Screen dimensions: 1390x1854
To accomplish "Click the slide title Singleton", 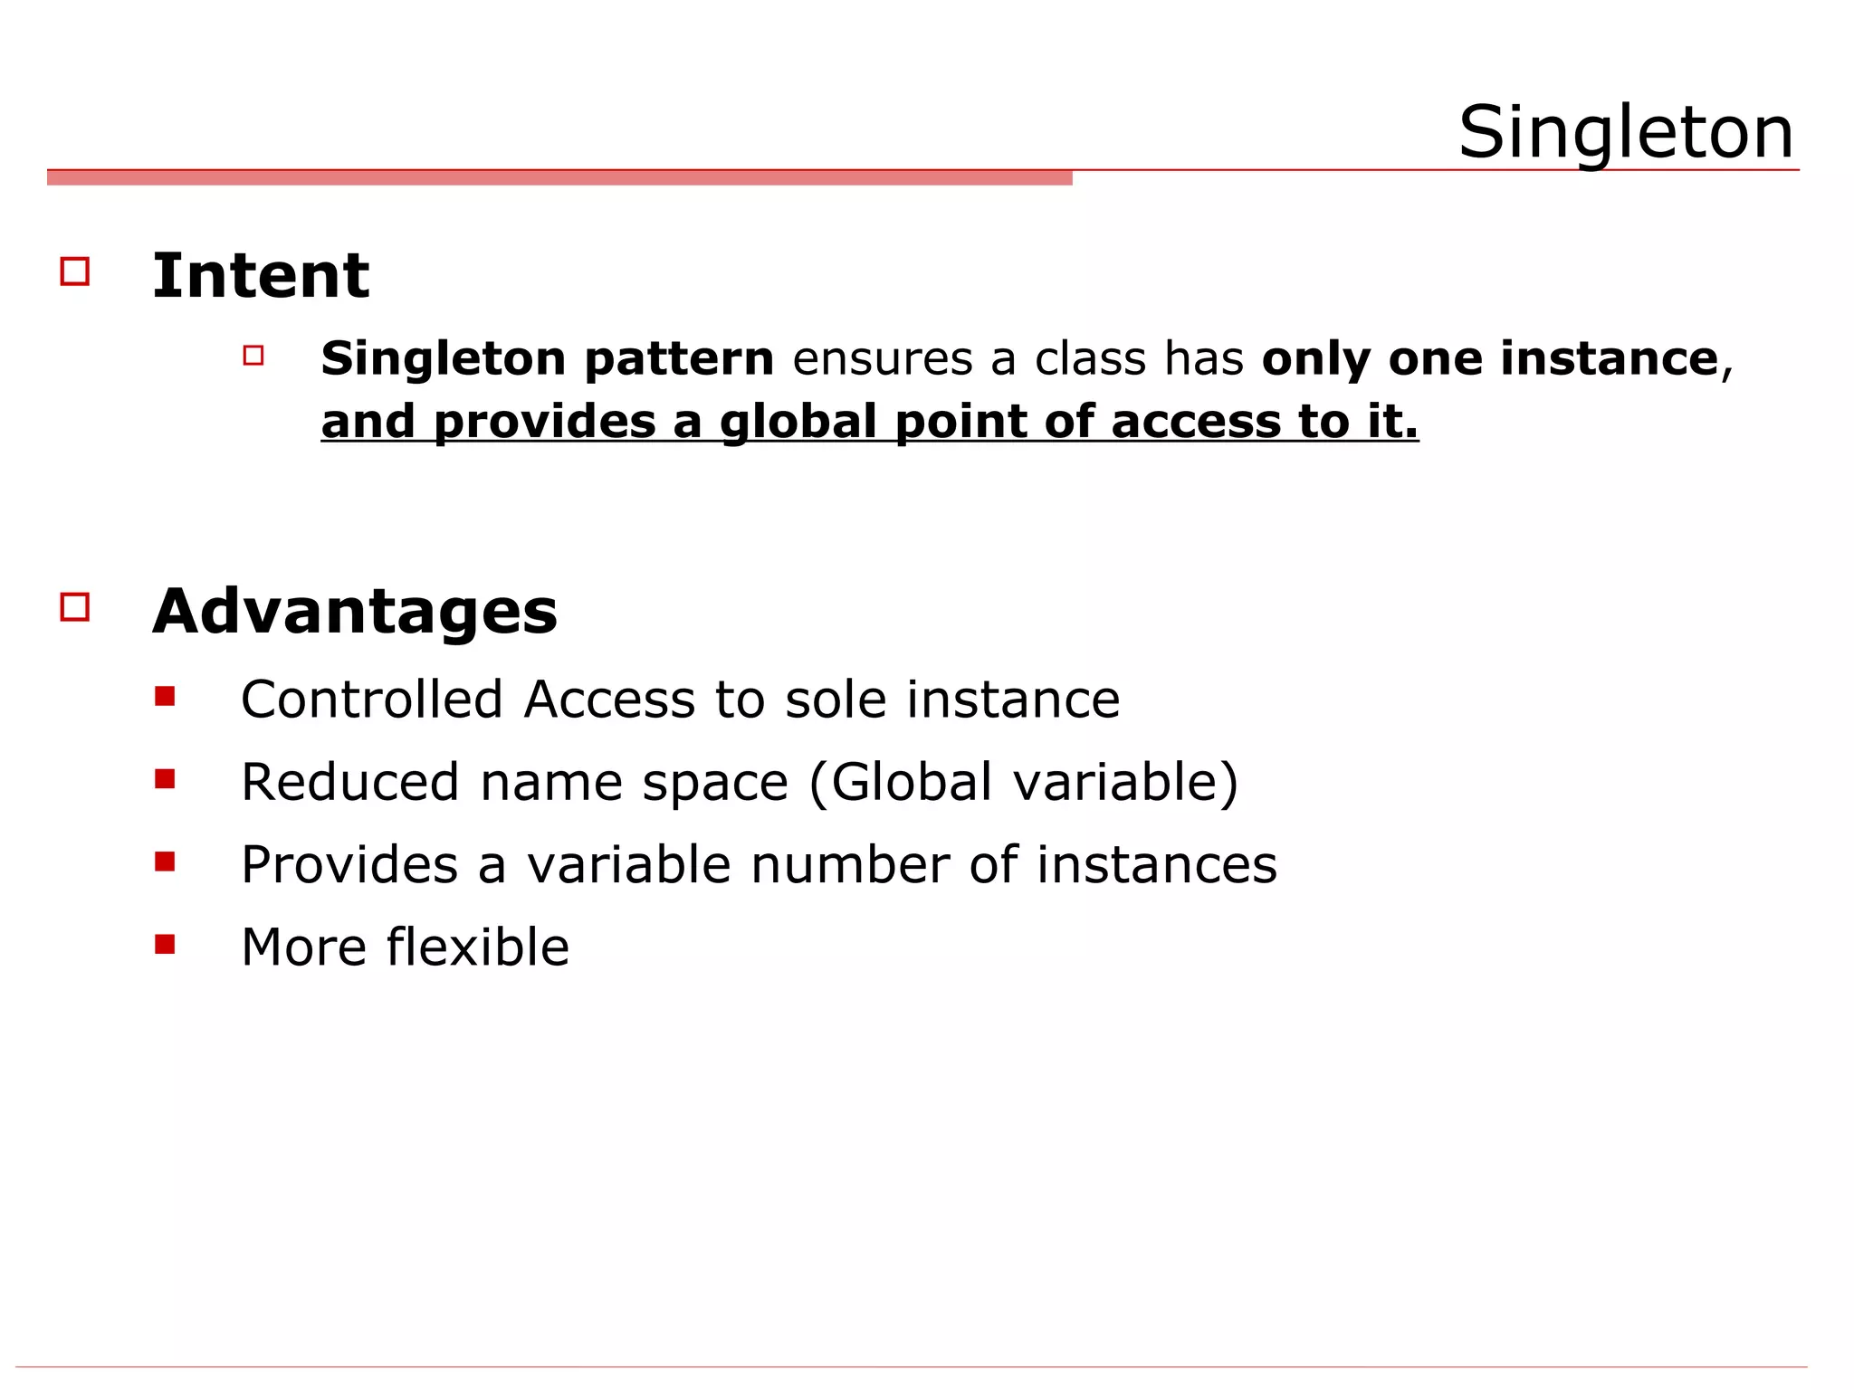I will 1626,132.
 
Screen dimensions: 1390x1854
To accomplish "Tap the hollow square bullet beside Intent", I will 75,271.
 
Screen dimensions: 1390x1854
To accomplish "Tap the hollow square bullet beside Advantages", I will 75,606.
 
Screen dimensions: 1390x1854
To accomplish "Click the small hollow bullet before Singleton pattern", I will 253,356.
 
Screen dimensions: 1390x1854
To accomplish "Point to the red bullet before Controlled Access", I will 165,696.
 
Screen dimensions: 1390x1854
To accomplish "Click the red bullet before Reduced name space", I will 165,779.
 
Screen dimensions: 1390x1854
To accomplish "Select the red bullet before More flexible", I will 165,945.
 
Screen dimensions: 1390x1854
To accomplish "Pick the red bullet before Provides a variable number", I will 165,862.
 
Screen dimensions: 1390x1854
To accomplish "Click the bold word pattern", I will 679,358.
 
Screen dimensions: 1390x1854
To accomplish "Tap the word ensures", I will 882,358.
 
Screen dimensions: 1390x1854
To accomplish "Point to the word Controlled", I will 371,700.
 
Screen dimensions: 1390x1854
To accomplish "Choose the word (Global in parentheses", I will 901,782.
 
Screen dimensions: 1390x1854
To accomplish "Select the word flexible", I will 478,947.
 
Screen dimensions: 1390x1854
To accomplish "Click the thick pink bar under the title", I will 559,178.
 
